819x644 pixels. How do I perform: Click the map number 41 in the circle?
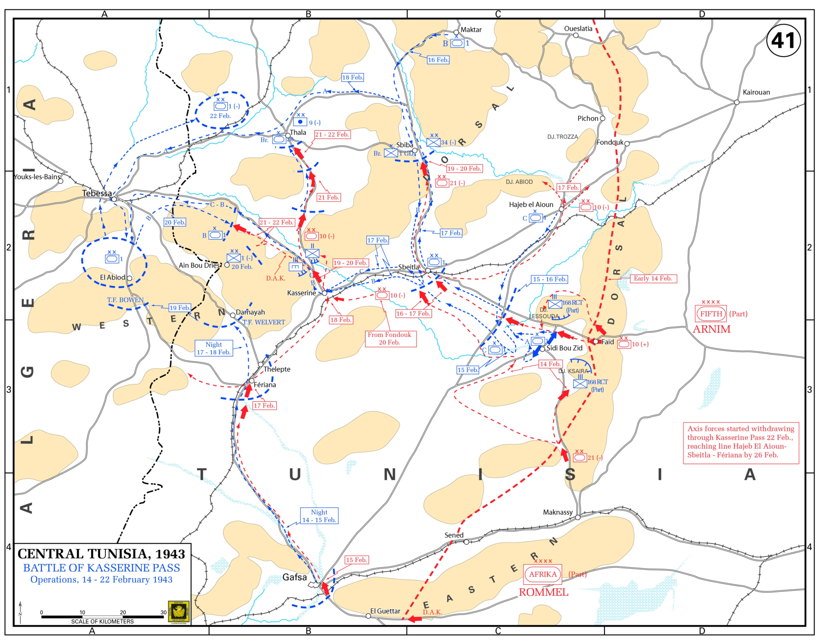[783, 41]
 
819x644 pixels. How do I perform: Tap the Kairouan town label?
[756, 92]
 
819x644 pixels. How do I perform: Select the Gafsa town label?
[294, 577]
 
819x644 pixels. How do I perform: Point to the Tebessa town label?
[97, 193]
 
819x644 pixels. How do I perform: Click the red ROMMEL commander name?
[543, 592]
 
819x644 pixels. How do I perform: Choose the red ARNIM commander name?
[711, 329]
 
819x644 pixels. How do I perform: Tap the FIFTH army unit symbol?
[711, 314]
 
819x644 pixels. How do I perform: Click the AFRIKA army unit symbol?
[542, 574]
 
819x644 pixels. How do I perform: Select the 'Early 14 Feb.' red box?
[653, 278]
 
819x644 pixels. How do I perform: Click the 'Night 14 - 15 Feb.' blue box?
[319, 516]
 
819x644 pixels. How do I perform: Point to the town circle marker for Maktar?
[456, 32]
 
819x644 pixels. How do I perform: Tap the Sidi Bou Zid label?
[564, 348]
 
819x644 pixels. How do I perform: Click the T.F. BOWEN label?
[125, 300]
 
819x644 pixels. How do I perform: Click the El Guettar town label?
[385, 611]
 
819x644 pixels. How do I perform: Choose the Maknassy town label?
[558, 512]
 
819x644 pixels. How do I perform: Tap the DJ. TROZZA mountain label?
[562, 137]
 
